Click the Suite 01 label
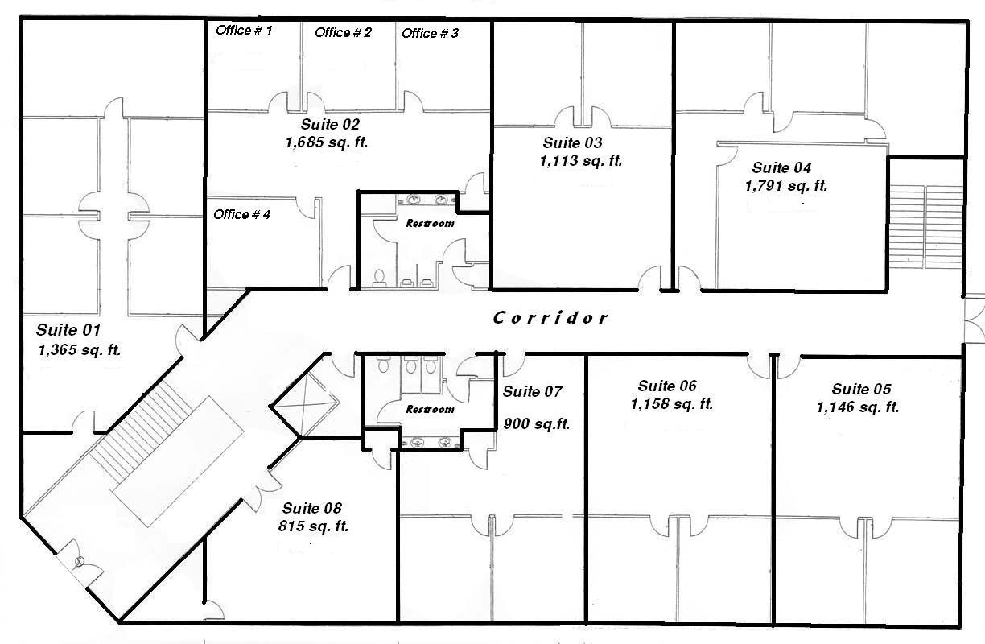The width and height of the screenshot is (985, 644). (x=68, y=330)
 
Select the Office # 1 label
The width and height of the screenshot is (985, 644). (x=244, y=31)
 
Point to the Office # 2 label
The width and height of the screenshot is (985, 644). (x=343, y=32)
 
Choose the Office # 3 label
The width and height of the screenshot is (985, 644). (x=430, y=33)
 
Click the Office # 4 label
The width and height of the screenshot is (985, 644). (x=241, y=214)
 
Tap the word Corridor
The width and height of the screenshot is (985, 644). (x=550, y=318)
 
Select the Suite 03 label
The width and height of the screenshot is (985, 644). (x=572, y=143)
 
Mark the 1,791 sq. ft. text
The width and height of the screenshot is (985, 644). (x=786, y=186)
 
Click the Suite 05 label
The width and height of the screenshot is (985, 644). (x=862, y=389)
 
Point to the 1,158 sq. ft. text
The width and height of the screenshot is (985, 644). (x=672, y=404)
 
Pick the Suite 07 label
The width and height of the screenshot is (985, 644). (x=532, y=392)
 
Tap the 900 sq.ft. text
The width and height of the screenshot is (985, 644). (x=536, y=423)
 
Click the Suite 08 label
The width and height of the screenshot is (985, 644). (x=311, y=509)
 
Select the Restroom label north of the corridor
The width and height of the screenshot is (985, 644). (x=429, y=223)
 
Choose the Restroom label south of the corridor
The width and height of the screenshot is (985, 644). (x=429, y=409)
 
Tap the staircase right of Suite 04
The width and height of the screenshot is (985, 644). (x=926, y=227)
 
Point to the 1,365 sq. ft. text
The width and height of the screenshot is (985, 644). (x=79, y=350)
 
